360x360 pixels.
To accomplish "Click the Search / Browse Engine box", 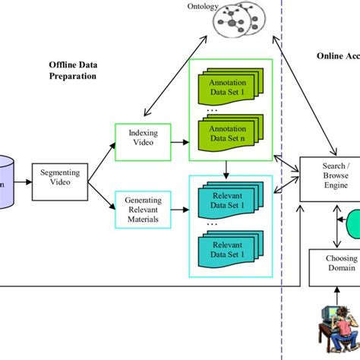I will coord(329,178).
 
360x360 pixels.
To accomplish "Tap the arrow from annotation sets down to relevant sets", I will coord(226,167).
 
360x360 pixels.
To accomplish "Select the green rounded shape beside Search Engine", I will coord(353,226).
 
